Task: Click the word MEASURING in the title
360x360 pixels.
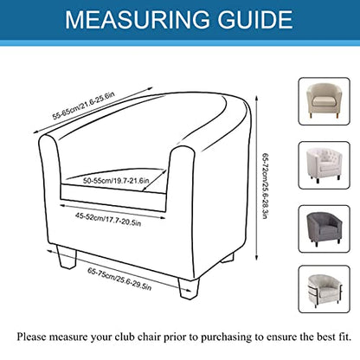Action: [x=138, y=20]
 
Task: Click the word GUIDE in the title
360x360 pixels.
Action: [x=255, y=20]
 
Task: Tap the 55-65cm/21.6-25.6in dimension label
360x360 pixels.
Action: [x=84, y=106]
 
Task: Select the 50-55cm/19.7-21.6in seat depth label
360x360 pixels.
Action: [x=116, y=181]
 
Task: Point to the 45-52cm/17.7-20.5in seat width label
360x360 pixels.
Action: [x=108, y=219]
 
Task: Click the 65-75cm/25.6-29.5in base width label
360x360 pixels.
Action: [x=119, y=280]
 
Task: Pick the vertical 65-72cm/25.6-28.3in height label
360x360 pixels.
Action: [x=265, y=186]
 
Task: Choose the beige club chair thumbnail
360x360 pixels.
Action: [x=324, y=101]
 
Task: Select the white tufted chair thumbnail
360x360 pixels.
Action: [x=324, y=165]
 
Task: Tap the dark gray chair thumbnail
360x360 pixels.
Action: [x=324, y=229]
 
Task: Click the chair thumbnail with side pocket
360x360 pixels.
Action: [x=324, y=289]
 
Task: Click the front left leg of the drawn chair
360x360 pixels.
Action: [x=67, y=257]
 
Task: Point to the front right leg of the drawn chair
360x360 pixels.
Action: [x=189, y=288]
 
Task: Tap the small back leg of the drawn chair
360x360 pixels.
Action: [x=228, y=258]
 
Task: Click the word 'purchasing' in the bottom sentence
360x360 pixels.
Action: [x=227, y=337]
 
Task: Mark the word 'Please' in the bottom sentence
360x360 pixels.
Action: [x=31, y=337]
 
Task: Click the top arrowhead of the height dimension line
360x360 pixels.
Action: [x=256, y=98]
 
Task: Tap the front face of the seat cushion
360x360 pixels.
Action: [x=113, y=198]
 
